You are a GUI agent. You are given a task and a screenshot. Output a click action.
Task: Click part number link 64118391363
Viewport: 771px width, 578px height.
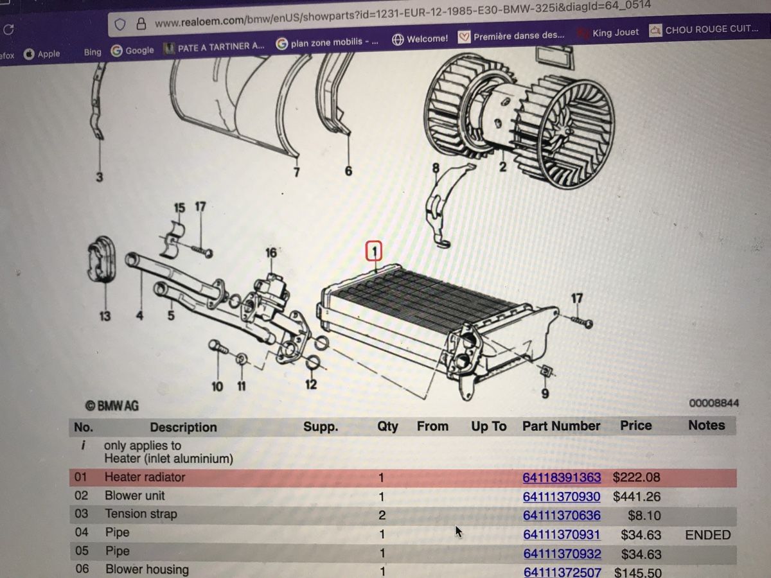(562, 477)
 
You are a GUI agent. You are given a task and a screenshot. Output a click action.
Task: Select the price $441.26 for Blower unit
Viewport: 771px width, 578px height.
(637, 496)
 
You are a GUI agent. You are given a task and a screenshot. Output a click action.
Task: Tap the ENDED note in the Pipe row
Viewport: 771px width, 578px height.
(708, 535)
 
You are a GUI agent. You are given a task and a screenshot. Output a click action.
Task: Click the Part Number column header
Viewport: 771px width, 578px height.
(561, 426)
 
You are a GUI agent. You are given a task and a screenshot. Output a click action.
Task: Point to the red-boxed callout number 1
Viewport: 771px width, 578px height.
(374, 251)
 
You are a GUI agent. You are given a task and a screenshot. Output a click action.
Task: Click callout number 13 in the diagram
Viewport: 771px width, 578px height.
(105, 316)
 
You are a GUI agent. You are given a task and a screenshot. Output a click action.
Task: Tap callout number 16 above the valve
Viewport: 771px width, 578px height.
(271, 252)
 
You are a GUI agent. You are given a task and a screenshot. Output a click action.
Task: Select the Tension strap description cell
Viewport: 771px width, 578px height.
(141, 514)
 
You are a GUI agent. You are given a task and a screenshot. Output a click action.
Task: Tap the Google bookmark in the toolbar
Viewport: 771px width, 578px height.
(132, 51)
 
